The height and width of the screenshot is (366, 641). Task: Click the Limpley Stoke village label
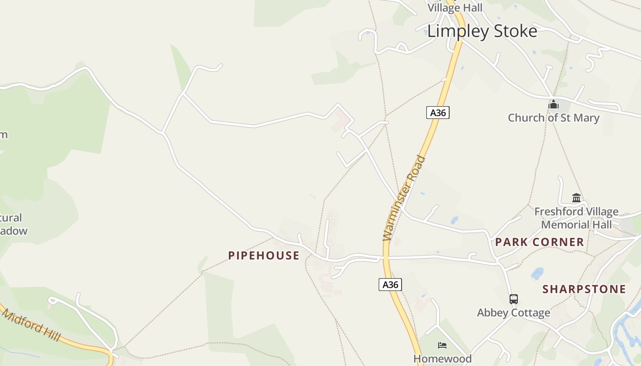[482, 31]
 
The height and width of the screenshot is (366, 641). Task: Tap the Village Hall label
[455, 8]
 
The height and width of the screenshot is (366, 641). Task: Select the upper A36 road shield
[438, 113]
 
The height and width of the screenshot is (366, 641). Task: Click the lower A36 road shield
[390, 285]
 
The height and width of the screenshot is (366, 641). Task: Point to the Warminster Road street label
[404, 199]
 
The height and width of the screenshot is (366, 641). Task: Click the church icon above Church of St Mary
[554, 105]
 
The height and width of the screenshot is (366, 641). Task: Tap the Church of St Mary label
[553, 118]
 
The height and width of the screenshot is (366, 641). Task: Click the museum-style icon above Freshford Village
[576, 198]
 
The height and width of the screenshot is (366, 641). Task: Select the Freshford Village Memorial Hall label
[576, 218]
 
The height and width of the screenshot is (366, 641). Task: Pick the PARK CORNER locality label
[539, 242]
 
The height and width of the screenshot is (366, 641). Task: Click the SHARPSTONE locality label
[584, 289]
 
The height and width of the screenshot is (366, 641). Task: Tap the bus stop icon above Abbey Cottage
[514, 299]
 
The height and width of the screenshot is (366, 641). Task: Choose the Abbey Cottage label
[513, 313]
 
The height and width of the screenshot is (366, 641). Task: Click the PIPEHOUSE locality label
[264, 255]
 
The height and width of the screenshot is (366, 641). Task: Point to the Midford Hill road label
[31, 325]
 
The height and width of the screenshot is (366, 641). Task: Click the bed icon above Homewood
[442, 345]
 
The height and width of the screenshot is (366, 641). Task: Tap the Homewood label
[442, 358]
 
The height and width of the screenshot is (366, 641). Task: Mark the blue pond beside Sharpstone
[537, 273]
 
